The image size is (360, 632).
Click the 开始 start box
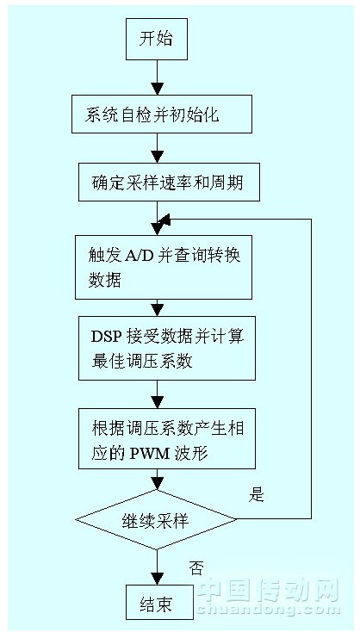click(157, 40)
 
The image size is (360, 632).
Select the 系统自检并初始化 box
click(162, 114)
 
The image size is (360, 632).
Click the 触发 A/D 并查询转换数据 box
click(164, 267)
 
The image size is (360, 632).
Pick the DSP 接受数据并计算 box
click(167, 348)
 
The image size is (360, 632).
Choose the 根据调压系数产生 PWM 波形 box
click(167, 438)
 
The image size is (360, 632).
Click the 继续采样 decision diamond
click(157, 519)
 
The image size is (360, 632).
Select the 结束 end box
click(157, 604)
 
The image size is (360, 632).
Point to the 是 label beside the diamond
click(256, 495)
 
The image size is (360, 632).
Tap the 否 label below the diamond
click(196, 569)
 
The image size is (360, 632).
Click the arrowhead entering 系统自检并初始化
click(157, 89)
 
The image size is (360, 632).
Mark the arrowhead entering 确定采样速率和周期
click(157, 157)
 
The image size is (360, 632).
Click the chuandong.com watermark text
click(269, 609)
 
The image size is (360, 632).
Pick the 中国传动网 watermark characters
click(269, 590)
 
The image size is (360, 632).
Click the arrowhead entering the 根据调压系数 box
click(157, 402)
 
